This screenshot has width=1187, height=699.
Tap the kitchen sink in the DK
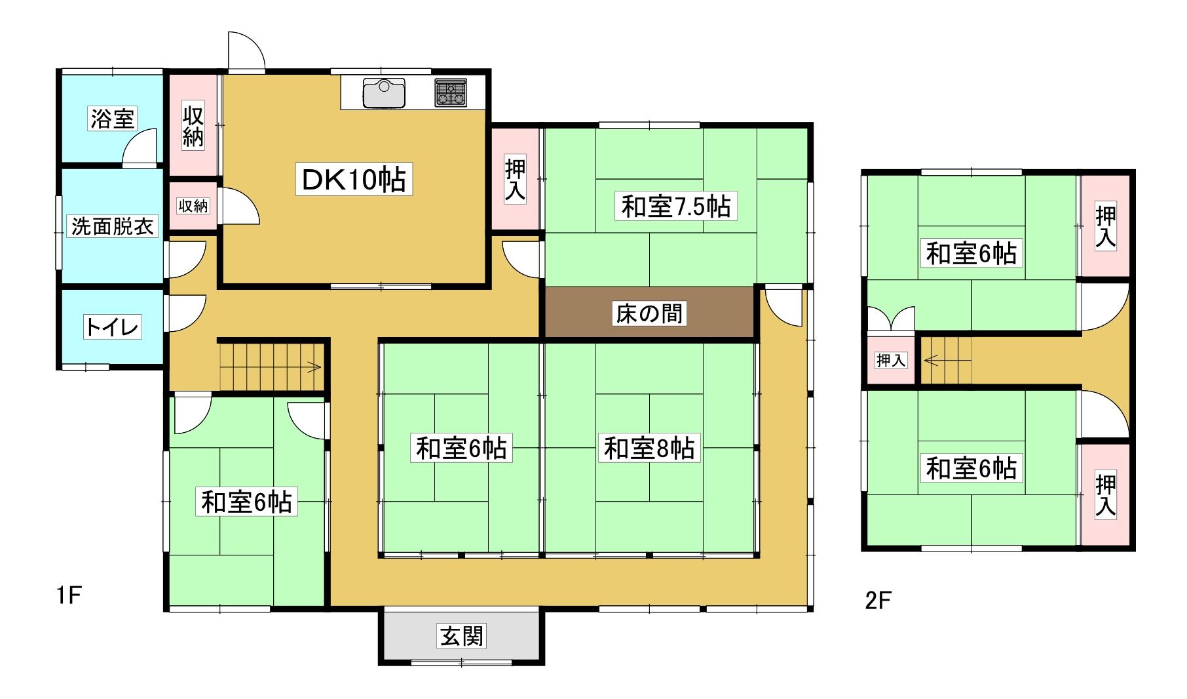point(384,92)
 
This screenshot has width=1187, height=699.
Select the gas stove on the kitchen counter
point(451,93)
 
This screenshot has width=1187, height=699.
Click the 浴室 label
point(112,119)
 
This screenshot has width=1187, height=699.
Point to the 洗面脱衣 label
point(112,227)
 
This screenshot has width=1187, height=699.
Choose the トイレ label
point(112,327)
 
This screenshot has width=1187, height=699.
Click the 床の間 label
point(649,313)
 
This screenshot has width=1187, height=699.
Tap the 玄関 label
point(462,635)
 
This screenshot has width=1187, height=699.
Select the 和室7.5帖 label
point(675,207)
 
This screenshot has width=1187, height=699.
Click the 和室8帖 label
point(649,449)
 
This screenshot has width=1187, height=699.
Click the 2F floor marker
point(878,601)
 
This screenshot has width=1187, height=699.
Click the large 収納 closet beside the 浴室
point(193,125)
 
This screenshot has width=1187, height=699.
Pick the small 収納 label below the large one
point(193,205)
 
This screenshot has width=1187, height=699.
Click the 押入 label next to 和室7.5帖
point(516,180)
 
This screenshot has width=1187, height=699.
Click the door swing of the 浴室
point(140,146)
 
